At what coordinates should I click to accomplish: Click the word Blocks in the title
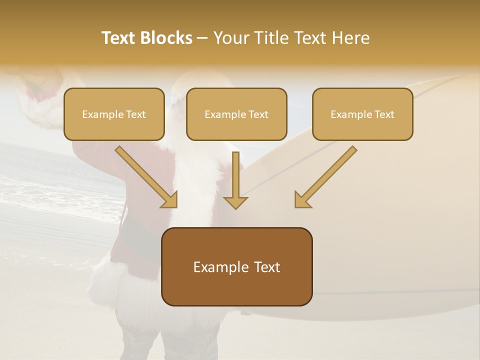[x=167, y=38]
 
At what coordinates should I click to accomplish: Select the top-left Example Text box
[x=114, y=114]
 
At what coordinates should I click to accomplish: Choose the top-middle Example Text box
[x=236, y=114]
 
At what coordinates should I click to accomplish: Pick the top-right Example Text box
[x=362, y=114]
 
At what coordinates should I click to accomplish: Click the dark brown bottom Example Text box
[x=236, y=266]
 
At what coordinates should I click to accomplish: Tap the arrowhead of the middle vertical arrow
[x=235, y=201]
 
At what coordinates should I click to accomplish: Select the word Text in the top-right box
[x=383, y=114]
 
